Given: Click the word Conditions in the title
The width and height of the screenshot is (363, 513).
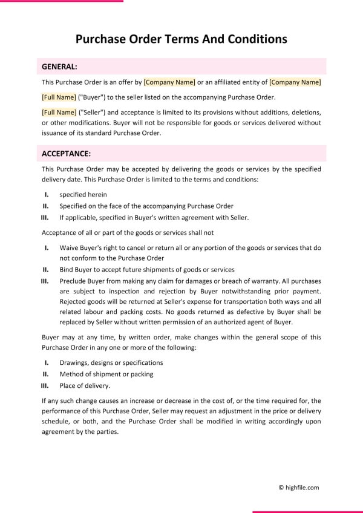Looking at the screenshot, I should pyautogui.click(x=257, y=39).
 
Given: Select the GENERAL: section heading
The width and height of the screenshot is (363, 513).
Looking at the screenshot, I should pyautogui.click(x=59, y=67).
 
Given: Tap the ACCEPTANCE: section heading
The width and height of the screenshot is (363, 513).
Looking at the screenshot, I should pyautogui.click(x=66, y=154).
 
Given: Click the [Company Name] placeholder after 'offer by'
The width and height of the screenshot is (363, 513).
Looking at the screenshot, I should pyautogui.click(x=169, y=82).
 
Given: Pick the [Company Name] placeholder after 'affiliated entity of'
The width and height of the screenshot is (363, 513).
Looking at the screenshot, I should pyautogui.click(x=295, y=82).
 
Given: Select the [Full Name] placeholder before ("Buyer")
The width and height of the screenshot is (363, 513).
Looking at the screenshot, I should pyautogui.click(x=59, y=97).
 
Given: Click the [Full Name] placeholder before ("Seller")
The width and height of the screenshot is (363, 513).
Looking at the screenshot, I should pyautogui.click(x=59, y=113).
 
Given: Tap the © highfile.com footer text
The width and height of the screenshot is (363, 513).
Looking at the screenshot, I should pyautogui.click(x=298, y=487).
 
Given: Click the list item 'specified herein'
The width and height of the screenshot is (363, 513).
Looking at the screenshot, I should pyautogui.click(x=83, y=195).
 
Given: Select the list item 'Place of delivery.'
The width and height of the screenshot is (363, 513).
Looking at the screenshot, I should pyautogui.click(x=85, y=385).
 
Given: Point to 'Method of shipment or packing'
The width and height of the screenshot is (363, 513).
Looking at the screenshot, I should pyautogui.click(x=106, y=374).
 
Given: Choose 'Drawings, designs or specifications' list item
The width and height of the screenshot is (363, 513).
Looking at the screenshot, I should pyautogui.click(x=111, y=362).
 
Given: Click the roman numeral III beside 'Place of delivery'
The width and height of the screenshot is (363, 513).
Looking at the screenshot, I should pyautogui.click(x=45, y=385).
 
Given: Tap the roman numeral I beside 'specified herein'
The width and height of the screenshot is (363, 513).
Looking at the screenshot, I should pyautogui.click(x=47, y=195).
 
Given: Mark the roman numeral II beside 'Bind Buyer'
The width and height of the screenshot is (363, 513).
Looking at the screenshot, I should pyautogui.click(x=45, y=270).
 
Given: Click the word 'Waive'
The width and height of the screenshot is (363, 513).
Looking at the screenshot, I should pyautogui.click(x=69, y=248).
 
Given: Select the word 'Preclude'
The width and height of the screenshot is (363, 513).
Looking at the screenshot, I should pyautogui.click(x=73, y=281).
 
